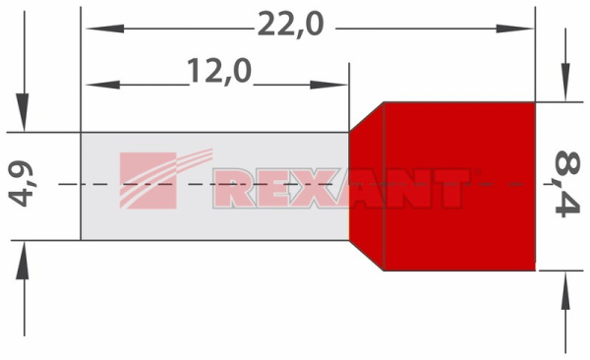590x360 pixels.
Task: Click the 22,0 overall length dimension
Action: pos(290,25)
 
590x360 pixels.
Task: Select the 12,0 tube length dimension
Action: pos(219,71)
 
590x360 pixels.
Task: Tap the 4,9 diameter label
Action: pos(21,184)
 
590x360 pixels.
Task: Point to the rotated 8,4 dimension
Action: pos(567,184)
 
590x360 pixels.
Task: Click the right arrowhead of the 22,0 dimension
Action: pos(514,29)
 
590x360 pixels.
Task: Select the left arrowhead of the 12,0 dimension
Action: pos(102,85)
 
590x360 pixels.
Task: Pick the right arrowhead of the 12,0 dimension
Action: pos(327,85)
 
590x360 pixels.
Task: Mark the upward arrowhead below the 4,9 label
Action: pos(24,260)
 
